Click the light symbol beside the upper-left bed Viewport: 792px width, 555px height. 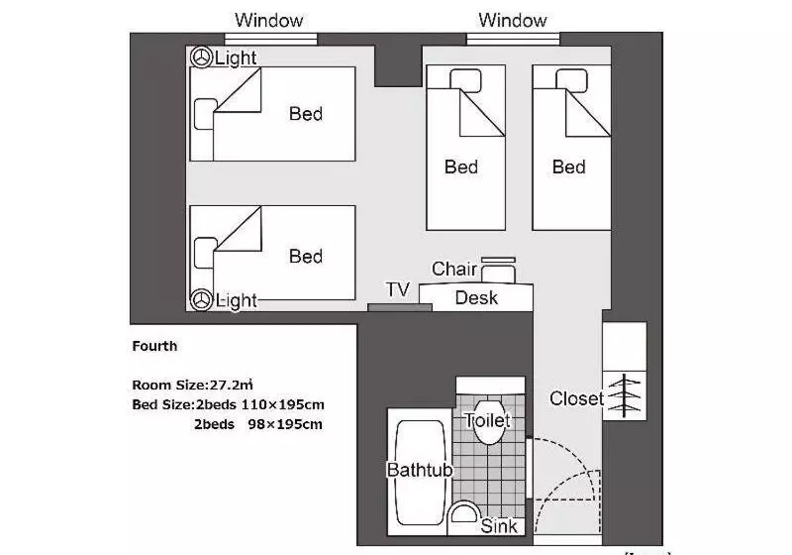[x=201, y=57]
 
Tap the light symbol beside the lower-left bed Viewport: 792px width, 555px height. [x=201, y=299]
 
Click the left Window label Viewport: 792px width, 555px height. [x=268, y=20]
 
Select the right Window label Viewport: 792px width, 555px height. [x=513, y=20]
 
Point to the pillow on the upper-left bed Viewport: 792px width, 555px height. [x=205, y=114]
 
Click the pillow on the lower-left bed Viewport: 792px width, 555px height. [x=205, y=253]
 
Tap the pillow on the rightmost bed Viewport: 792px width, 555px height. [x=571, y=81]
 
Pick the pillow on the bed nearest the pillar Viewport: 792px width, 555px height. [x=465, y=81]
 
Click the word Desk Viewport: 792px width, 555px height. [x=476, y=297]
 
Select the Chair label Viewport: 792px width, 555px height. [x=454, y=269]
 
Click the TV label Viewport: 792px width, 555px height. [x=398, y=289]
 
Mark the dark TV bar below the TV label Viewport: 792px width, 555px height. [x=400, y=307]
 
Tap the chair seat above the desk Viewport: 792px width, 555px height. [x=498, y=274]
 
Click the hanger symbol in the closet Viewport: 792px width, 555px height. [x=625, y=395]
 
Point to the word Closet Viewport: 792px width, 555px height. [x=576, y=398]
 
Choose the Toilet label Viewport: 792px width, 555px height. [x=487, y=420]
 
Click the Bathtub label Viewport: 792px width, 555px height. [x=420, y=470]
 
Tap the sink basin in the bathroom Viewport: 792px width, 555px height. [x=463, y=513]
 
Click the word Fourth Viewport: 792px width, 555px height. [x=154, y=346]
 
